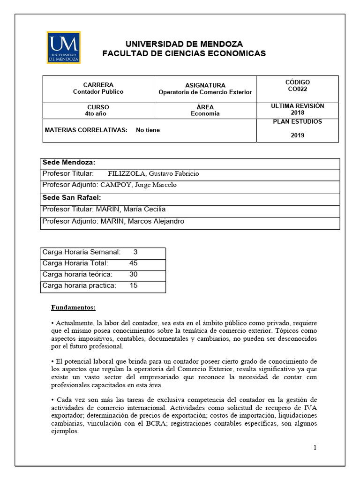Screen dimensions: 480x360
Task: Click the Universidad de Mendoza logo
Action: click(x=64, y=47)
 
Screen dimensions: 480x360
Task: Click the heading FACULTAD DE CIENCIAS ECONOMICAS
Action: click(x=184, y=53)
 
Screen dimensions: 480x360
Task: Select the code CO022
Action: click(x=298, y=89)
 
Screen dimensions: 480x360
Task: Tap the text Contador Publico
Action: click(x=98, y=92)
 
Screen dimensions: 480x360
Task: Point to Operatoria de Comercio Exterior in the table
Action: click(x=205, y=92)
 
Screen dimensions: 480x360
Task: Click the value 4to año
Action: click(x=98, y=113)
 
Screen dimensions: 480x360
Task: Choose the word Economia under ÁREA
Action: click(x=205, y=113)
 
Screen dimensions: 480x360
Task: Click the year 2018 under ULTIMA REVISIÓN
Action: click(x=297, y=113)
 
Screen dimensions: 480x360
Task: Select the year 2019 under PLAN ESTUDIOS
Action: click(x=297, y=135)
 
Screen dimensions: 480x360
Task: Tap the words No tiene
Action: click(x=148, y=130)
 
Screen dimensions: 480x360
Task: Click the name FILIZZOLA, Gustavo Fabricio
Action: click(x=153, y=173)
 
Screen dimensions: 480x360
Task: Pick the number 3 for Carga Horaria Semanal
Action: click(x=135, y=252)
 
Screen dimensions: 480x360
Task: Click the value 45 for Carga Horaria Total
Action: click(x=133, y=263)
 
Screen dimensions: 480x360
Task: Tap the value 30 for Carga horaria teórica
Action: click(x=133, y=274)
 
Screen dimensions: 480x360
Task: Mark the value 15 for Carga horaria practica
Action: click(x=133, y=285)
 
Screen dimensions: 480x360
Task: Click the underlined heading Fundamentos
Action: click(x=73, y=308)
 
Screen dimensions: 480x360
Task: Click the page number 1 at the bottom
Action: click(x=315, y=448)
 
